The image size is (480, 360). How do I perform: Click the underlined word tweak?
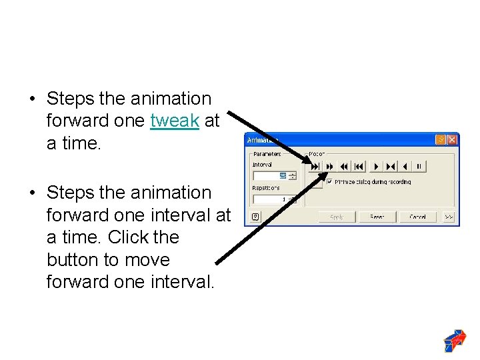click(x=175, y=121)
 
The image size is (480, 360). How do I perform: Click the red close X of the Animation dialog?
click(x=452, y=140)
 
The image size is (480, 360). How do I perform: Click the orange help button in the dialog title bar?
click(x=440, y=140)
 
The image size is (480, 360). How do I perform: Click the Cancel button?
click(x=417, y=217)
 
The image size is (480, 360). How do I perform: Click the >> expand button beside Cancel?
click(x=449, y=217)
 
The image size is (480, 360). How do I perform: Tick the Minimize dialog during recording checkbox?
click(x=329, y=181)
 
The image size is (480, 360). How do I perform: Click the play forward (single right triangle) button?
click(x=375, y=166)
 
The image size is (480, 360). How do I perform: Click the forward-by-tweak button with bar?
click(x=315, y=166)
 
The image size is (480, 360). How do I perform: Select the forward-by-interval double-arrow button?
click(x=329, y=166)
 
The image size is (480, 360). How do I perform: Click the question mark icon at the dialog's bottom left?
click(x=255, y=217)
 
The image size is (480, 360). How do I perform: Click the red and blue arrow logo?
click(x=455, y=340)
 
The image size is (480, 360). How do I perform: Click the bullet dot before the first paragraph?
click(x=31, y=99)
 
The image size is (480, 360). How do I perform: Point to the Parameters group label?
click(x=267, y=154)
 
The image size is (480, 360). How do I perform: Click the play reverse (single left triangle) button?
click(x=405, y=166)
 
